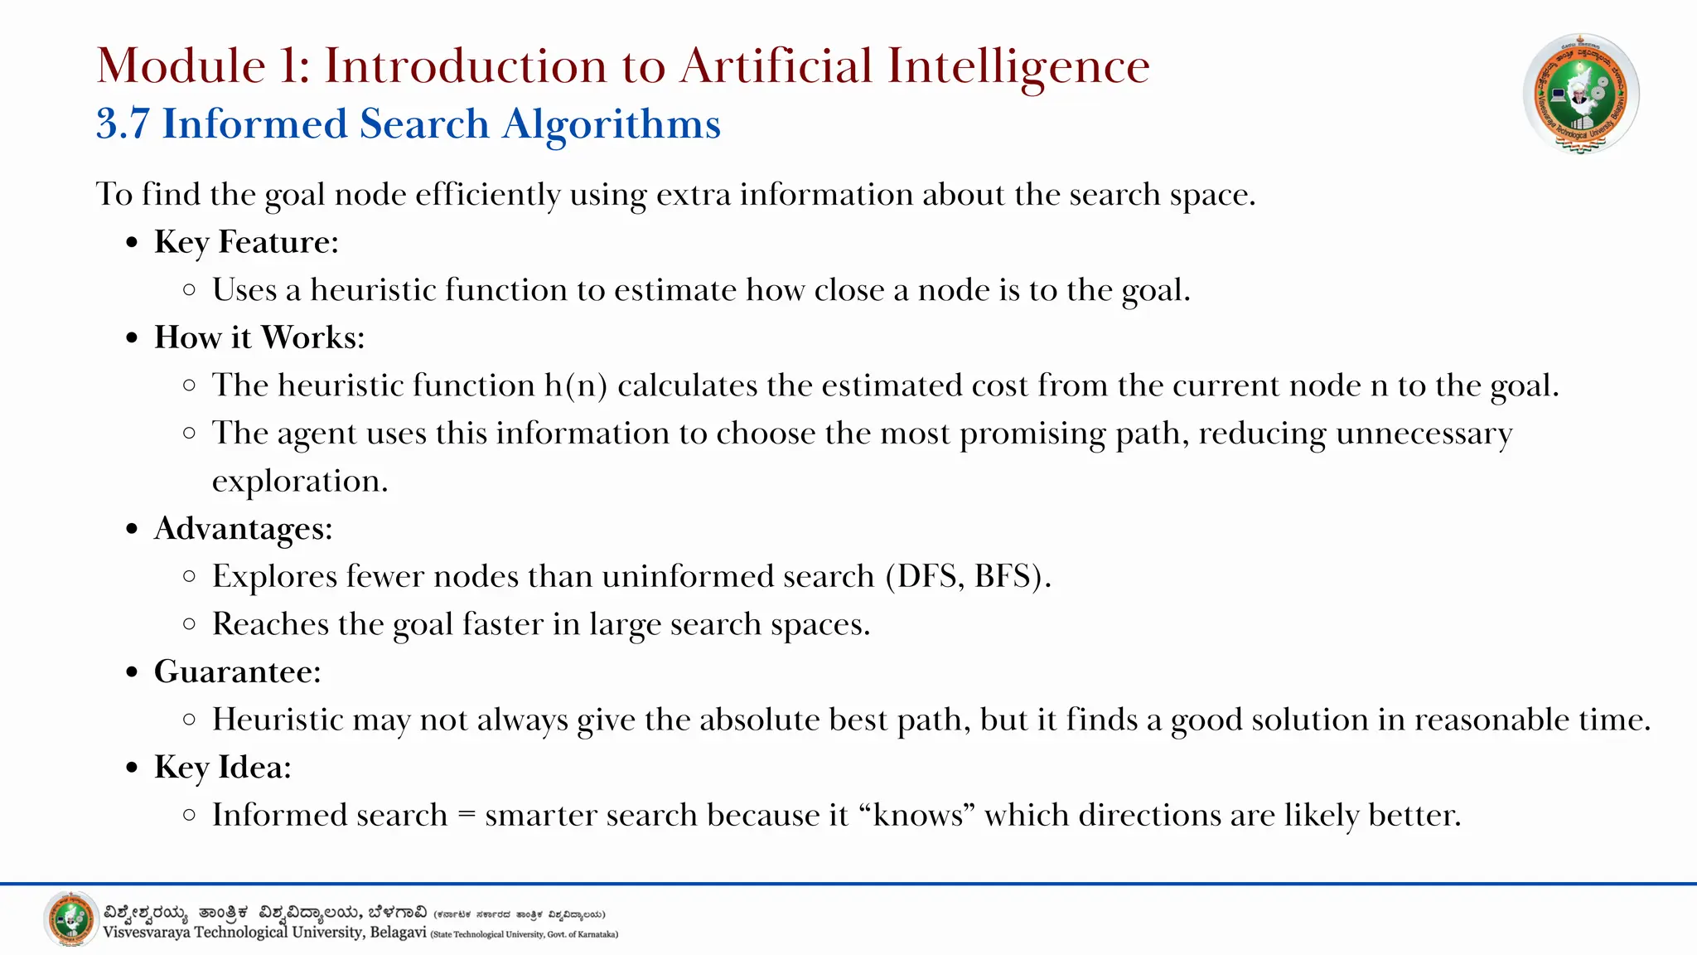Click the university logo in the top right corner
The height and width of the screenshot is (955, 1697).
click(1580, 94)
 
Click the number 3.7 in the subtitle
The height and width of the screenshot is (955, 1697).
click(123, 124)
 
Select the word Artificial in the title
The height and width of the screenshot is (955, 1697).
click(776, 65)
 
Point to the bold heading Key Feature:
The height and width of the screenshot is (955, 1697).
click(246, 242)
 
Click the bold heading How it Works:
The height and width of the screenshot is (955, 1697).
click(259, 337)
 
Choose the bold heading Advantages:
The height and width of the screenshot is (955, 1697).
click(243, 529)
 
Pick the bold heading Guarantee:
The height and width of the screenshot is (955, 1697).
click(237, 671)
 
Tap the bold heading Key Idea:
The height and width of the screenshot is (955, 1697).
click(222, 768)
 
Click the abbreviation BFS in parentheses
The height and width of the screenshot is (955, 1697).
click(1003, 576)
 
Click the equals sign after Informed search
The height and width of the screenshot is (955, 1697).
click(467, 816)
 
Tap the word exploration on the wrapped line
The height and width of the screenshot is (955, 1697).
click(300, 482)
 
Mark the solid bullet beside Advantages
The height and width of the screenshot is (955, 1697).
click(132, 529)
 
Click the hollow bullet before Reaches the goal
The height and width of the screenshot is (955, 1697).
click(190, 624)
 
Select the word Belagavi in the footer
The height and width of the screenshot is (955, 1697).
click(398, 933)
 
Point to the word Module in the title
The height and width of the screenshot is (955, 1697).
click(181, 65)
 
